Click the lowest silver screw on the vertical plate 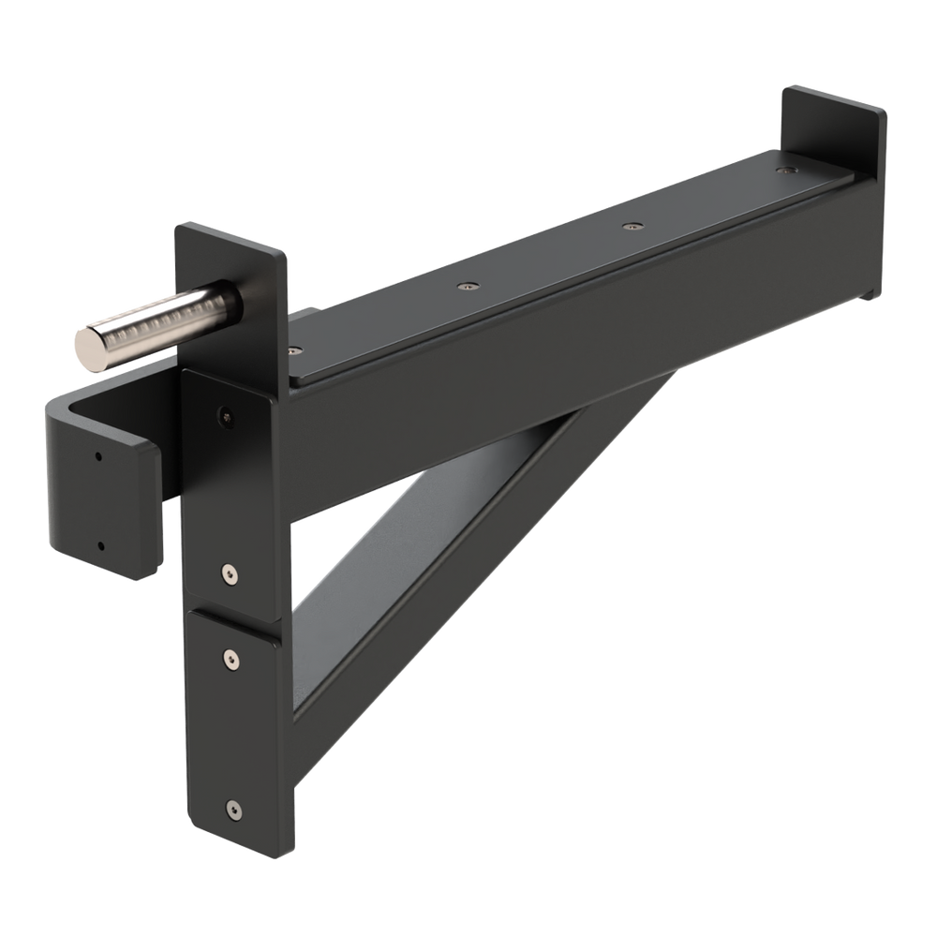pos(231,807)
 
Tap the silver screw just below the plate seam pos(230,660)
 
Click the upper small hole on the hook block pos(98,457)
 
